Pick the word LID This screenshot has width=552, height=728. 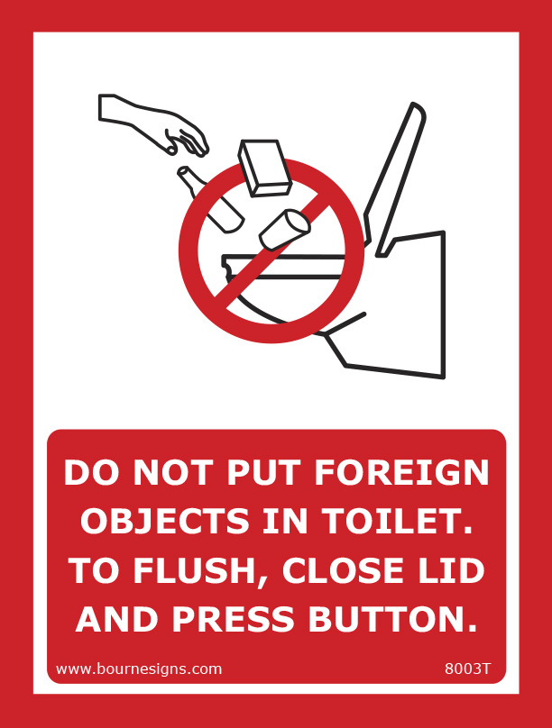point(454,569)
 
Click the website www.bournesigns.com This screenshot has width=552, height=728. point(139,669)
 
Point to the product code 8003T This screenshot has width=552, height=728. point(468,669)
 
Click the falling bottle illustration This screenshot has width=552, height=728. point(210,197)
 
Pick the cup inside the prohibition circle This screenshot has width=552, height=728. point(284,228)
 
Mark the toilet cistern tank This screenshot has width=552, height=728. point(410,306)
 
